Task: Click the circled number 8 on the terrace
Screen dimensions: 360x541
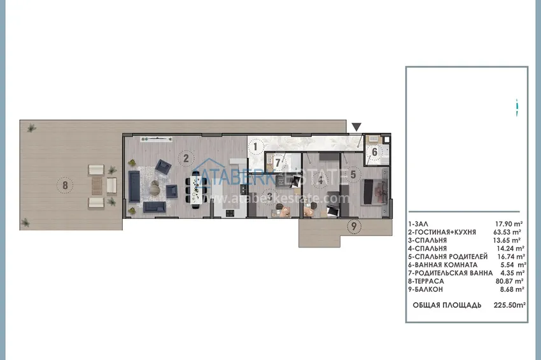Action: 64,186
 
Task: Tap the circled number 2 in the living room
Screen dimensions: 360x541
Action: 185,158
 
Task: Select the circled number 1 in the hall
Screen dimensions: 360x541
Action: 255,147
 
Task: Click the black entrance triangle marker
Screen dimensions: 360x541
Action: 357,127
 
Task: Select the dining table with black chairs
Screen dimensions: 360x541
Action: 196,188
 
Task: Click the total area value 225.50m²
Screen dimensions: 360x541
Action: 509,305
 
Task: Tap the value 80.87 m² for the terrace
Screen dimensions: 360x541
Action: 509,280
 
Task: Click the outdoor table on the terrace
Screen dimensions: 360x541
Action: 97,186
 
